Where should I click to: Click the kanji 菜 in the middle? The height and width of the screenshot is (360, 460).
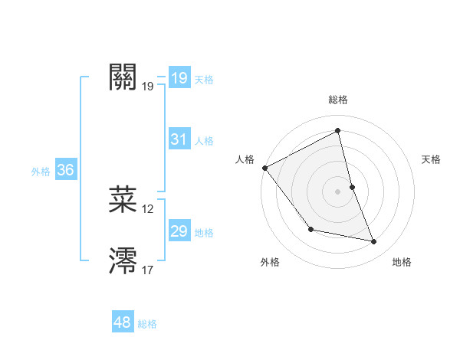tap(123, 199)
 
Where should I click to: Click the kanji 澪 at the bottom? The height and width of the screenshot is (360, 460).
tap(123, 260)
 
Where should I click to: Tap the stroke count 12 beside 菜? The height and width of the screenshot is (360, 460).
tap(148, 208)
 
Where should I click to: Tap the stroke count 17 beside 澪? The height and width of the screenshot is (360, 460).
tap(148, 270)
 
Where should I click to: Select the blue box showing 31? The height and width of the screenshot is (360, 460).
tap(179, 139)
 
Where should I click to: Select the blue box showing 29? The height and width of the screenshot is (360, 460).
tap(179, 231)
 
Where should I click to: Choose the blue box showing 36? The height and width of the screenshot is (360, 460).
tap(66, 170)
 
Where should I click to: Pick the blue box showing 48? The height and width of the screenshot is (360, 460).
tap(123, 322)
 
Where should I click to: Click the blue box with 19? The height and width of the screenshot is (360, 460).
tap(179, 78)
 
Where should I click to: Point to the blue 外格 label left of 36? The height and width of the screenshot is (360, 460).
tap(41, 172)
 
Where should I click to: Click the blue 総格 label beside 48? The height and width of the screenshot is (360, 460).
tap(147, 324)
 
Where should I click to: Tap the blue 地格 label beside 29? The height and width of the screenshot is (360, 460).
tap(204, 233)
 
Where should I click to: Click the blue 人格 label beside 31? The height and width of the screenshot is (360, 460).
tap(204, 141)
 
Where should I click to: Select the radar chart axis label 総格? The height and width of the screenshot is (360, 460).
tap(337, 100)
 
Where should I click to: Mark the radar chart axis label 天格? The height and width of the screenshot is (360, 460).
tap(432, 159)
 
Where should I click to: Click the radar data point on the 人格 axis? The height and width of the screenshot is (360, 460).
tap(264, 168)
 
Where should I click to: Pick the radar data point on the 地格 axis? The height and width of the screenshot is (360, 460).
tap(374, 241)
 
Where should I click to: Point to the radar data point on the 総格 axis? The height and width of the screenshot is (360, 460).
tap(337, 130)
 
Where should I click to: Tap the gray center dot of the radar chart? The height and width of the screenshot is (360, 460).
tap(337, 191)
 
